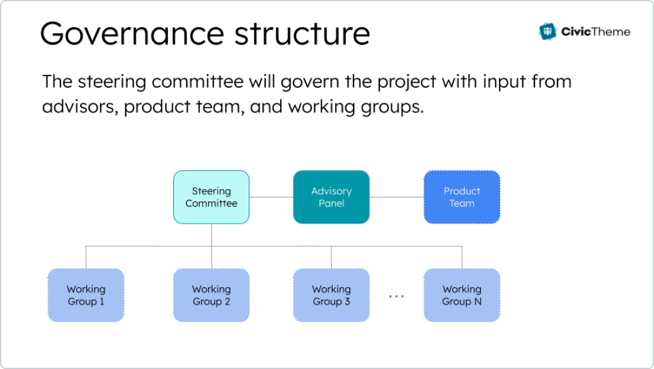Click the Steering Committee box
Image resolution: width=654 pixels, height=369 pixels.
click(212, 197)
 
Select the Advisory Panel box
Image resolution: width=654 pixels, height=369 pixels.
click(331, 197)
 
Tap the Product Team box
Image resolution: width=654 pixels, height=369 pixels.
click(462, 197)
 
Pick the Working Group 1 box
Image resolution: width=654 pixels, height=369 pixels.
click(86, 295)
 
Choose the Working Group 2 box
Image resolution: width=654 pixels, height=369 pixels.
click(212, 295)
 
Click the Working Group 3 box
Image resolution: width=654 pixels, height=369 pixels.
click(331, 295)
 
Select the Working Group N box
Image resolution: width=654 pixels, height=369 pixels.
click(462, 295)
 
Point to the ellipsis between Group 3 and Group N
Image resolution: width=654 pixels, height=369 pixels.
click(396, 297)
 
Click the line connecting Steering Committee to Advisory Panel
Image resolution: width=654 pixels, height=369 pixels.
click(271, 197)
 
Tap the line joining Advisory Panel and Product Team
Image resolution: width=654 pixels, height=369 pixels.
click(397, 197)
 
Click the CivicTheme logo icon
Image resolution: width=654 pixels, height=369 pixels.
click(547, 32)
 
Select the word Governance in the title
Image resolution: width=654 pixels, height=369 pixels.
click(123, 33)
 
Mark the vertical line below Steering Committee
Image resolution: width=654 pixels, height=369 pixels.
click(212, 235)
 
